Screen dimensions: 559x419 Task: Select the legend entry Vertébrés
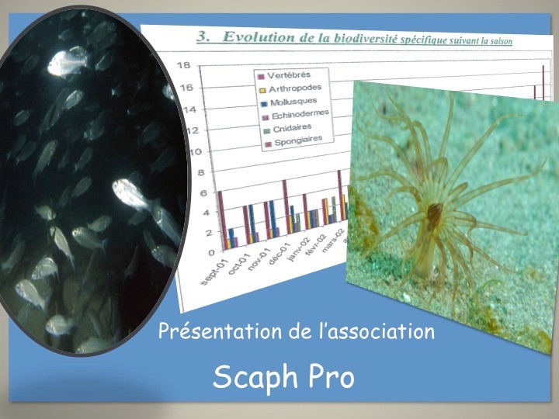click(x=289, y=75)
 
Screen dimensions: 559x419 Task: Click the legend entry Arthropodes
click(x=295, y=88)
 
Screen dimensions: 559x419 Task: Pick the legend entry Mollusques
click(x=293, y=102)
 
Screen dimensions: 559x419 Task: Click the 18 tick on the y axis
click(x=184, y=65)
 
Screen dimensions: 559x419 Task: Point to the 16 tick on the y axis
click(x=186, y=88)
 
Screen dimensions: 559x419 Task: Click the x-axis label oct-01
click(x=238, y=266)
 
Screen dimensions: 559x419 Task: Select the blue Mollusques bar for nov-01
click(x=273, y=218)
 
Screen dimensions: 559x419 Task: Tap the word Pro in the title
click(x=332, y=377)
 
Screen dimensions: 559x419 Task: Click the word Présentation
click(x=220, y=331)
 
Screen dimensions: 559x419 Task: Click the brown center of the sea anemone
click(x=435, y=213)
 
